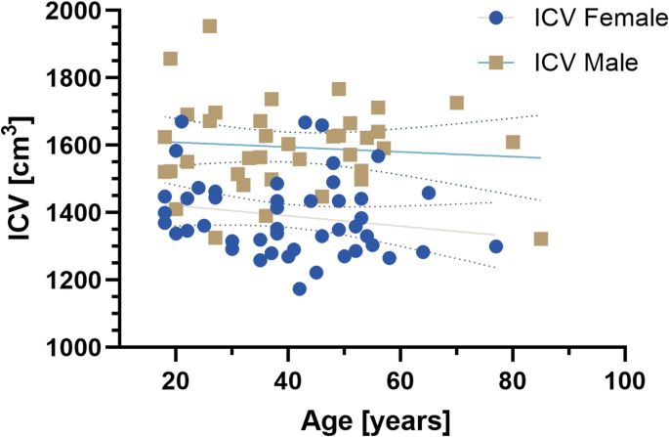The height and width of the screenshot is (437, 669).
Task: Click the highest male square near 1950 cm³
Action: click(210, 26)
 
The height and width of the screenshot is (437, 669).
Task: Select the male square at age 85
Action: click(540, 240)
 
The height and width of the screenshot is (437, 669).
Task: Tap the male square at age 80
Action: click(513, 143)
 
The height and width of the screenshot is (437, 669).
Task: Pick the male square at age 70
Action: click(456, 103)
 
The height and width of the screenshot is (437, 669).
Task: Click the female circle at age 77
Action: click(496, 246)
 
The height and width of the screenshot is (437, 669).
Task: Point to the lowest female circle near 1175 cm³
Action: click(299, 288)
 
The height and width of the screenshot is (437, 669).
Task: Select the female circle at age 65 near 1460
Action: click(428, 193)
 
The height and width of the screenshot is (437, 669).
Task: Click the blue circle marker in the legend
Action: click(496, 18)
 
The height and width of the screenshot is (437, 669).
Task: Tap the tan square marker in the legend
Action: click(496, 63)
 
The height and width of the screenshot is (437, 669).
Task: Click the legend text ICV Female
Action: click(584, 19)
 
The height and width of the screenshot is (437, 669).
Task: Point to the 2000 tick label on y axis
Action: click(81, 11)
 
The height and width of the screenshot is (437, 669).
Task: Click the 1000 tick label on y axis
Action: click(81, 347)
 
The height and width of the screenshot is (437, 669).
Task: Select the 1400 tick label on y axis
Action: click(81, 212)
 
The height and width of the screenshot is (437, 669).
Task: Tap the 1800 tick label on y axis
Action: click(81, 78)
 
